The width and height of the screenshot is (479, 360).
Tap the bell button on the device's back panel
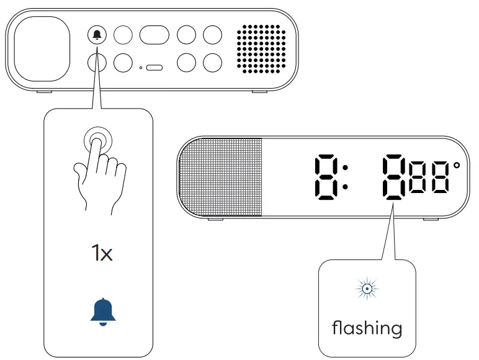[x=97, y=35]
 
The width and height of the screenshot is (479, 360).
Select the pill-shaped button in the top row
[x=154, y=35]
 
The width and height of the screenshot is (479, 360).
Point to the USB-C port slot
[x=154, y=67]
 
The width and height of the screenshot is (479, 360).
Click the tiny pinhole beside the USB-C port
[x=141, y=67]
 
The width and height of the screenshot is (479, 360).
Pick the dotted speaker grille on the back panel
[x=261, y=48]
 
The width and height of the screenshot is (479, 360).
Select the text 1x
[x=101, y=253]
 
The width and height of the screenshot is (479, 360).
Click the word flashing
[x=367, y=327]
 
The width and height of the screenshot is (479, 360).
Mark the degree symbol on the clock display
[x=457, y=167]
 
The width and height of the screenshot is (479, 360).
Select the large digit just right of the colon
[x=394, y=178]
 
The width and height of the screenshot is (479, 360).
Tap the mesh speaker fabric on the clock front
[x=221, y=178]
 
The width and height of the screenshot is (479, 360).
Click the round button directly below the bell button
[x=97, y=63]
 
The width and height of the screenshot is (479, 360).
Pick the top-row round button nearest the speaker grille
[x=212, y=35]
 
